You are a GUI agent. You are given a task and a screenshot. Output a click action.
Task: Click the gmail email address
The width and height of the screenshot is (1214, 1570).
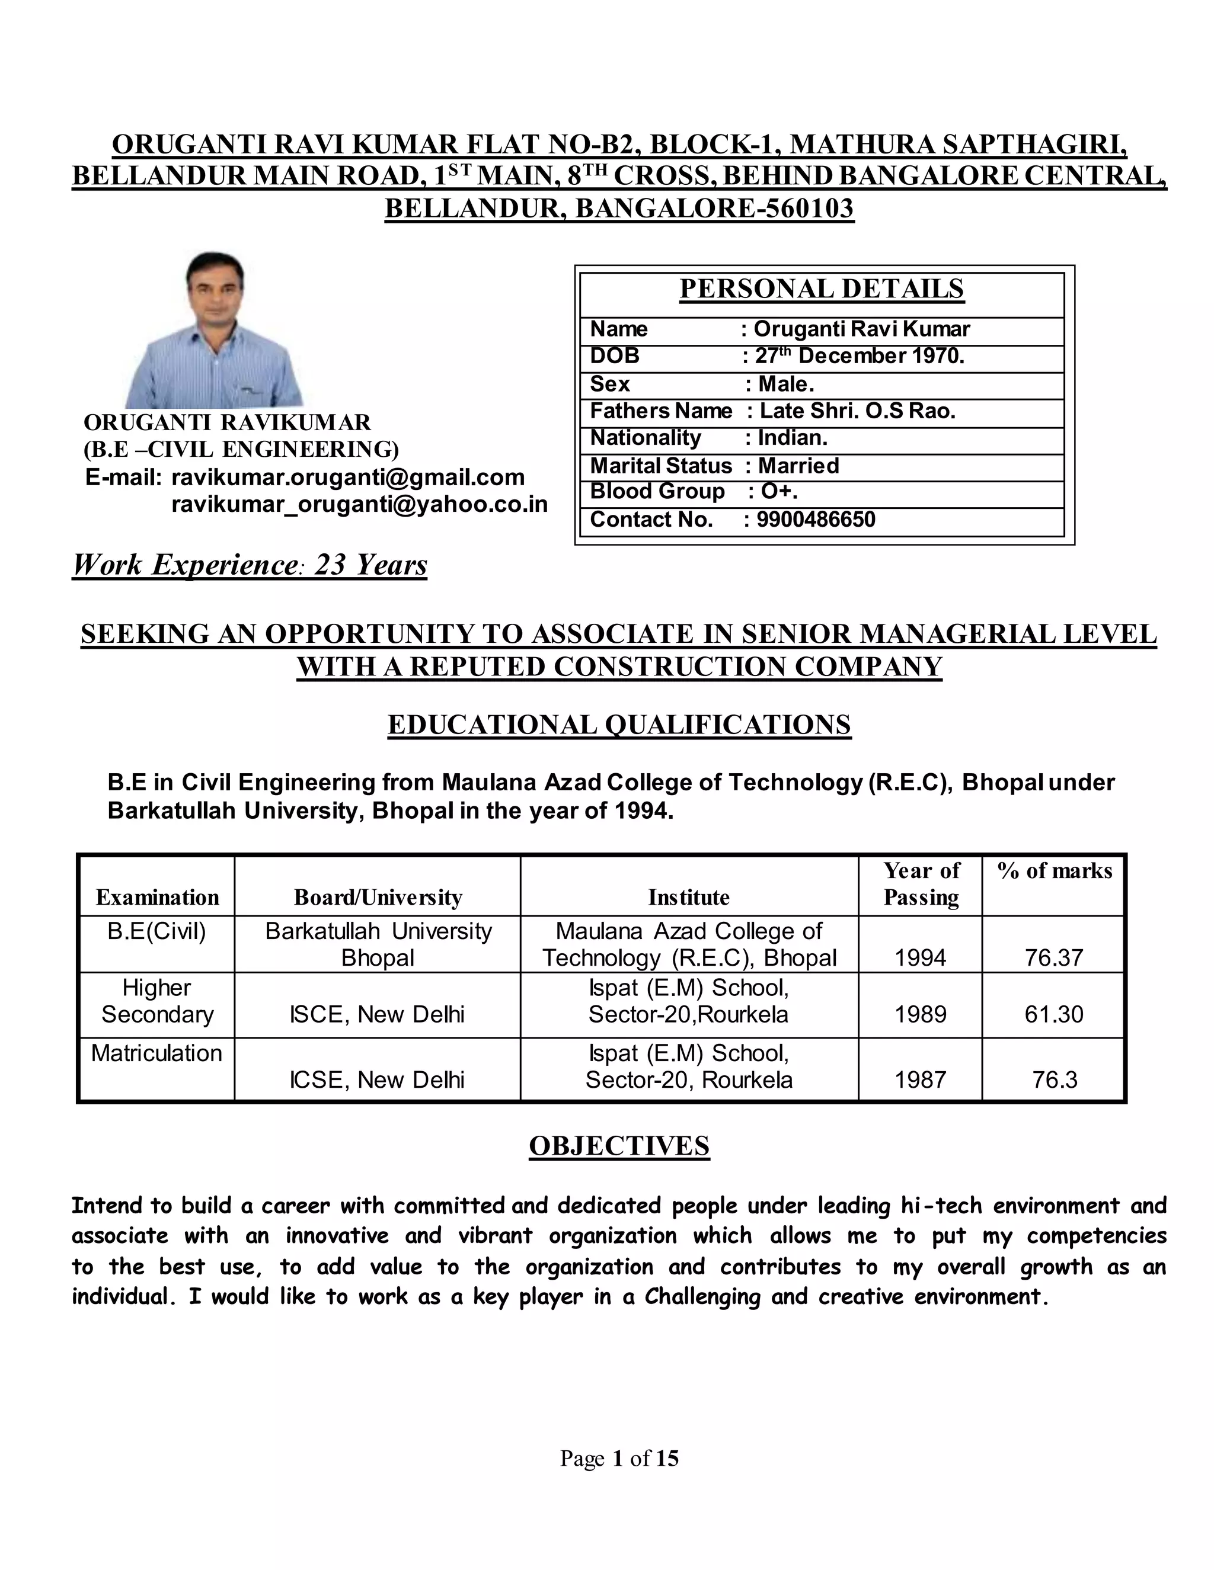348,478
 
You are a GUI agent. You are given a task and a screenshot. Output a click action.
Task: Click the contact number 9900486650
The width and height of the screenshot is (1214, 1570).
816,520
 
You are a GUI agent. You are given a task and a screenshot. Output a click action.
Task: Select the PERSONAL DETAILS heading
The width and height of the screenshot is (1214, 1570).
822,289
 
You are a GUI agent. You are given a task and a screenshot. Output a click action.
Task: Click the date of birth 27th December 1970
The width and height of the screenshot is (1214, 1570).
860,357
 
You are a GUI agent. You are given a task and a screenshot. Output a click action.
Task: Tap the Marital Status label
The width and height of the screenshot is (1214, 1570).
660,466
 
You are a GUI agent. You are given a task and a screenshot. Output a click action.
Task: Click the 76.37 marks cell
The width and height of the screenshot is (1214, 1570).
1053,957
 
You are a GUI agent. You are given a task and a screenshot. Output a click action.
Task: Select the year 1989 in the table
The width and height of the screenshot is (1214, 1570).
920,1014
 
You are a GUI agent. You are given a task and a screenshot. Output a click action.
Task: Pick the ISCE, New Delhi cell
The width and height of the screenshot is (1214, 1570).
377,1014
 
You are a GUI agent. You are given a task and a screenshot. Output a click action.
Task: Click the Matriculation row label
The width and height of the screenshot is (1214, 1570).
156,1053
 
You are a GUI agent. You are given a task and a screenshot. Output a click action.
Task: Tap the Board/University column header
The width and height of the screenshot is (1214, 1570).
378,897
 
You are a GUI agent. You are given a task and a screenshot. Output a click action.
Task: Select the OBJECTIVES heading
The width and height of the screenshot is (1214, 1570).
619,1146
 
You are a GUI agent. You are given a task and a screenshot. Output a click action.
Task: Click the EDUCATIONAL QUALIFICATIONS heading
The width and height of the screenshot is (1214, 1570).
619,725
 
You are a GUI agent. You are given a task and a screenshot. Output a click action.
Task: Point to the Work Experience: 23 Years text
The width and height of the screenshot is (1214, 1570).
250,565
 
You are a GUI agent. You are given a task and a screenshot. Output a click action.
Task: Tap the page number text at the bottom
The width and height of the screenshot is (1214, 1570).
619,1458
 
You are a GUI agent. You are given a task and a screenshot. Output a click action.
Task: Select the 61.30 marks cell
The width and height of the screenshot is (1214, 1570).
1053,1014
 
